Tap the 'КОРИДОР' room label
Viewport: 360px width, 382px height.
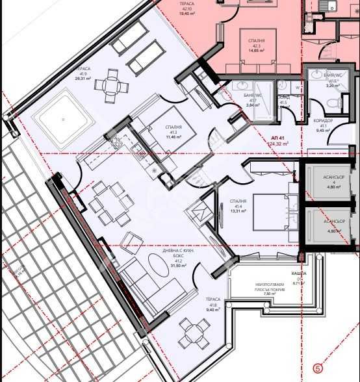pos(323,120)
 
